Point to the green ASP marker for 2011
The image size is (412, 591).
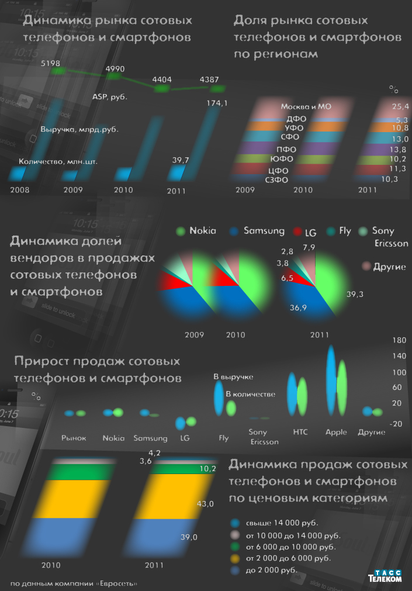(x=218, y=89)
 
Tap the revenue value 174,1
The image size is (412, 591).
(x=217, y=103)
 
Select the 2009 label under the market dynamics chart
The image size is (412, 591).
(x=73, y=190)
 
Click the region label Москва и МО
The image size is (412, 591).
(x=306, y=107)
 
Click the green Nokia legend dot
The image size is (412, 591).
(x=181, y=231)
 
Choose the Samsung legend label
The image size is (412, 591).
(x=264, y=231)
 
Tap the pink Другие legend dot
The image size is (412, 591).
(x=366, y=267)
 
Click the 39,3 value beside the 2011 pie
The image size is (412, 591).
(x=355, y=294)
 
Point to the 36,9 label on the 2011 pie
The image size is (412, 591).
(x=299, y=307)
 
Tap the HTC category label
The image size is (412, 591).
(x=300, y=433)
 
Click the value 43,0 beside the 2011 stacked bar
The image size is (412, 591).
(x=206, y=503)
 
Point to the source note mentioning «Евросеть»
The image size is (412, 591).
(x=74, y=583)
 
